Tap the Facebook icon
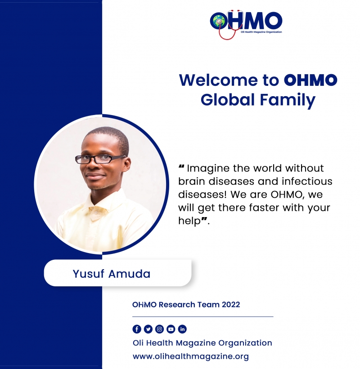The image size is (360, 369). pyautogui.click(x=137, y=329)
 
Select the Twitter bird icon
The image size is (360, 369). pyautogui.click(x=148, y=329)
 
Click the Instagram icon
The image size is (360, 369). pyautogui.click(x=159, y=329)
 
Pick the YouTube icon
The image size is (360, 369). pyautogui.click(x=171, y=329)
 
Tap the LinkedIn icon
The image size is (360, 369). pyautogui.click(x=182, y=329)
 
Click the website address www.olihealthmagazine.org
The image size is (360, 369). pyautogui.click(x=191, y=356)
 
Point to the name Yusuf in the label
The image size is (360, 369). pyautogui.click(x=88, y=274)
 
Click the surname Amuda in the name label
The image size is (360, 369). pyautogui.click(x=129, y=274)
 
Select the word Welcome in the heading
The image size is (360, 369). pyautogui.click(x=218, y=80)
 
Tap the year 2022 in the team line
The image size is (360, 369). pyautogui.click(x=231, y=305)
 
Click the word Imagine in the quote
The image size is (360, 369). pyautogui.click(x=208, y=169)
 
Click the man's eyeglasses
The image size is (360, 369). pyautogui.click(x=100, y=159)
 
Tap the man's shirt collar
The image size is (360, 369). pyautogui.click(x=103, y=203)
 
